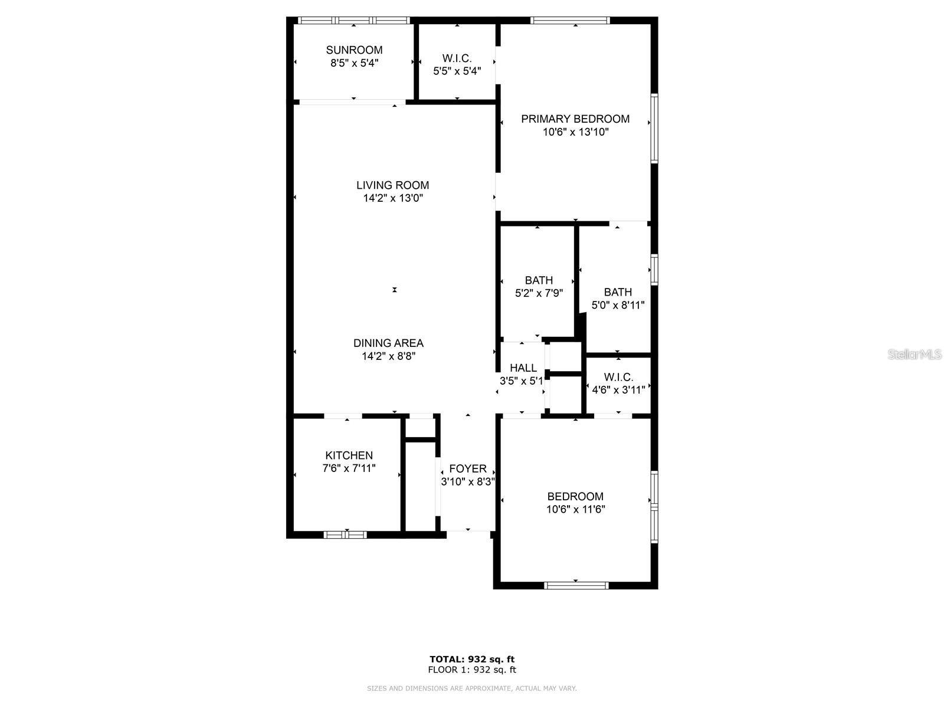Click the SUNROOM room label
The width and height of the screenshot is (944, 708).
[x=354, y=50]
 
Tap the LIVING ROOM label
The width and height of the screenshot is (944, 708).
[x=392, y=185]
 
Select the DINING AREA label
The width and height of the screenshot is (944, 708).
[x=388, y=343]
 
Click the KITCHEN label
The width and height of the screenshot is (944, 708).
[x=349, y=455]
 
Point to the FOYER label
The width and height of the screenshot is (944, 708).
[x=468, y=469]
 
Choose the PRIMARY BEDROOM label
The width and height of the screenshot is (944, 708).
[x=575, y=119]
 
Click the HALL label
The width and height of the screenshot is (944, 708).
[x=523, y=368]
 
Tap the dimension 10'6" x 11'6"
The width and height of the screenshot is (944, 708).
[x=575, y=510]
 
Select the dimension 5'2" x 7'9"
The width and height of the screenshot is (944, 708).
[x=539, y=293]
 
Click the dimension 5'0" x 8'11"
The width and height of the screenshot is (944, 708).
[x=618, y=306]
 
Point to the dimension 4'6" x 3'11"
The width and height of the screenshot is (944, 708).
[x=618, y=390]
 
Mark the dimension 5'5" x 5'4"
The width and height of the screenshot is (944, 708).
[x=457, y=71]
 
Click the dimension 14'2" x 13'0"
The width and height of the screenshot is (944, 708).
[x=392, y=199]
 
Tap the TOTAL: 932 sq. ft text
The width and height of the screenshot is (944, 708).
[x=472, y=659]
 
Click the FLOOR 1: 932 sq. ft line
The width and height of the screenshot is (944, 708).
[x=472, y=670]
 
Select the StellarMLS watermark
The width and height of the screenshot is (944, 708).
[x=914, y=355]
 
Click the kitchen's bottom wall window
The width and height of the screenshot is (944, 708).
[x=345, y=535]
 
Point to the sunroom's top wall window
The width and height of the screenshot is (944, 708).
[x=354, y=20]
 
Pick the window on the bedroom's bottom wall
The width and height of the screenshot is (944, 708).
[x=576, y=585]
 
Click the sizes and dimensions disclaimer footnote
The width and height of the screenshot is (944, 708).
[x=472, y=689]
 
